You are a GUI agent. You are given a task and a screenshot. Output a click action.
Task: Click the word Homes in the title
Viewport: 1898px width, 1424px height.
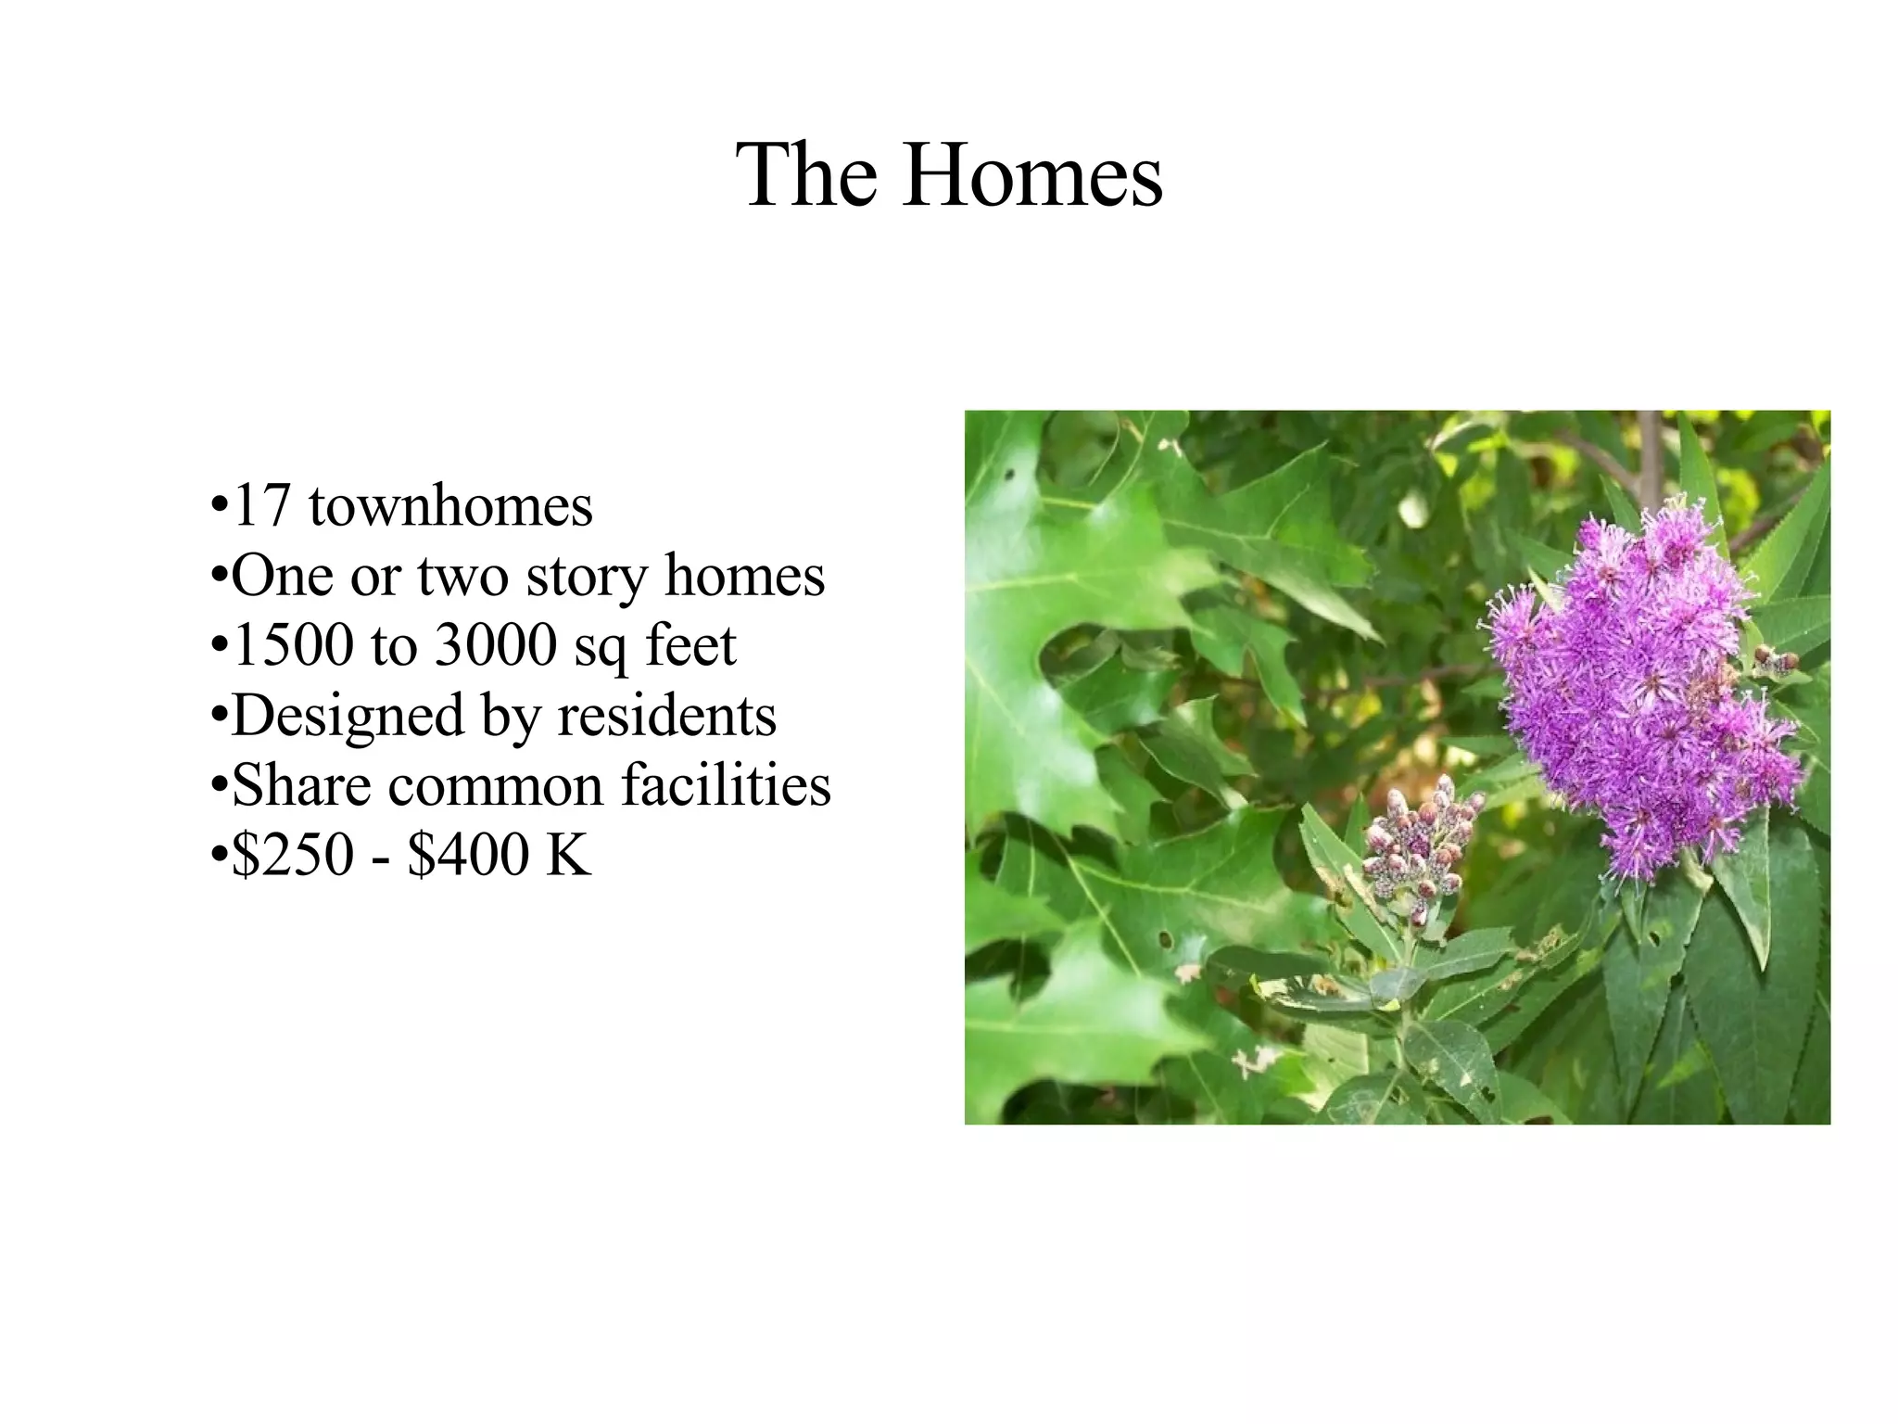tap(1032, 175)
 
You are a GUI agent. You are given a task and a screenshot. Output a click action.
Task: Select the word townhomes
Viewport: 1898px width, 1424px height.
tap(450, 506)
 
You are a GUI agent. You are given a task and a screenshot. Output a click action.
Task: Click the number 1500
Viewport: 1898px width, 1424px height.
tap(293, 645)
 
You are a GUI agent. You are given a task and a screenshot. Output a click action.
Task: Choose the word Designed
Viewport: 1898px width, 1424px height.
tap(348, 716)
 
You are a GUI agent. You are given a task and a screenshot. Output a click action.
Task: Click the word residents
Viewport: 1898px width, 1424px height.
tap(667, 716)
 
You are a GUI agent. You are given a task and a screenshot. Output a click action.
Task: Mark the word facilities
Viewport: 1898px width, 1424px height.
tap(726, 785)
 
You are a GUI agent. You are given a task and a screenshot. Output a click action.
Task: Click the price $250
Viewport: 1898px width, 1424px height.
tap(293, 854)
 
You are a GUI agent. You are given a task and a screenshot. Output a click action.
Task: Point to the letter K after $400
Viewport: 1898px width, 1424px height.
tap(568, 854)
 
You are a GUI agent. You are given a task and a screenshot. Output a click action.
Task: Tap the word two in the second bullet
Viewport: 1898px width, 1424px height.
tap(462, 577)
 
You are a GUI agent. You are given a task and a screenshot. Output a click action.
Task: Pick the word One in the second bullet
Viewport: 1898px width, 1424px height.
tap(282, 577)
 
